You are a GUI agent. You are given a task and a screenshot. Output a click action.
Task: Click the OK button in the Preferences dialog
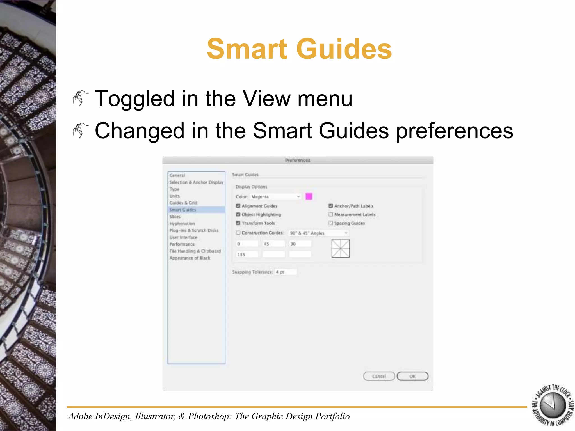412,376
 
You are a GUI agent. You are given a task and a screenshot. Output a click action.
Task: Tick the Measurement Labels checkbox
331,215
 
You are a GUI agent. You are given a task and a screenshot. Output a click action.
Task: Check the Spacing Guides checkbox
331,223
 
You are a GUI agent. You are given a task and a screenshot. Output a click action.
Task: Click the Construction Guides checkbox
238,233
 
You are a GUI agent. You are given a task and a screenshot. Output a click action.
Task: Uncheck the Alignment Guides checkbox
238,206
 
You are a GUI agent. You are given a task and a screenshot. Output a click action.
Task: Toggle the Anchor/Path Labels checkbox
331,206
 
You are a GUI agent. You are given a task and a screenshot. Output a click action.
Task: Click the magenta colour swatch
309,196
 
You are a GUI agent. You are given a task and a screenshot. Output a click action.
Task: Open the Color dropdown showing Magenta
275,197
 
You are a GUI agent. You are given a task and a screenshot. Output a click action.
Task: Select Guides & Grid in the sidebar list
183,203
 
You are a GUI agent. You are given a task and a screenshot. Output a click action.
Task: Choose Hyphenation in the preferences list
182,224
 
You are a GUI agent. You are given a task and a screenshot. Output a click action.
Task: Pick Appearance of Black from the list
190,258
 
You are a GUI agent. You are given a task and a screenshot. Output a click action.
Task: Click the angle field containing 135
247,255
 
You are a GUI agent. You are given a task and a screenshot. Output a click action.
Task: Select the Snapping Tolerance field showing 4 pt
286,272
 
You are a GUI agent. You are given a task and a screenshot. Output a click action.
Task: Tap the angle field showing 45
273,244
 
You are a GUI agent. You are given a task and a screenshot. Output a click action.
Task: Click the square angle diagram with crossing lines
340,248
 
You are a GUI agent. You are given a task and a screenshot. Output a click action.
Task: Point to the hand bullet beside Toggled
80,98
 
